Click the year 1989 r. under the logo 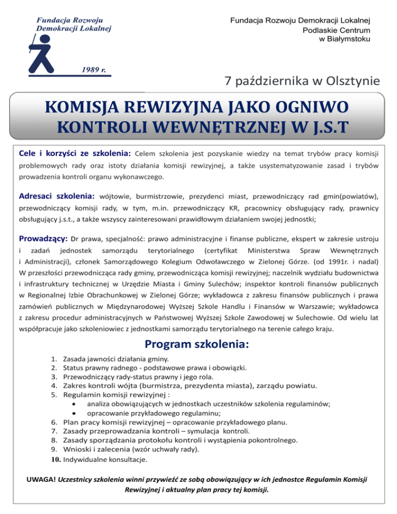(96, 69)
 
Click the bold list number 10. (57, 459)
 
